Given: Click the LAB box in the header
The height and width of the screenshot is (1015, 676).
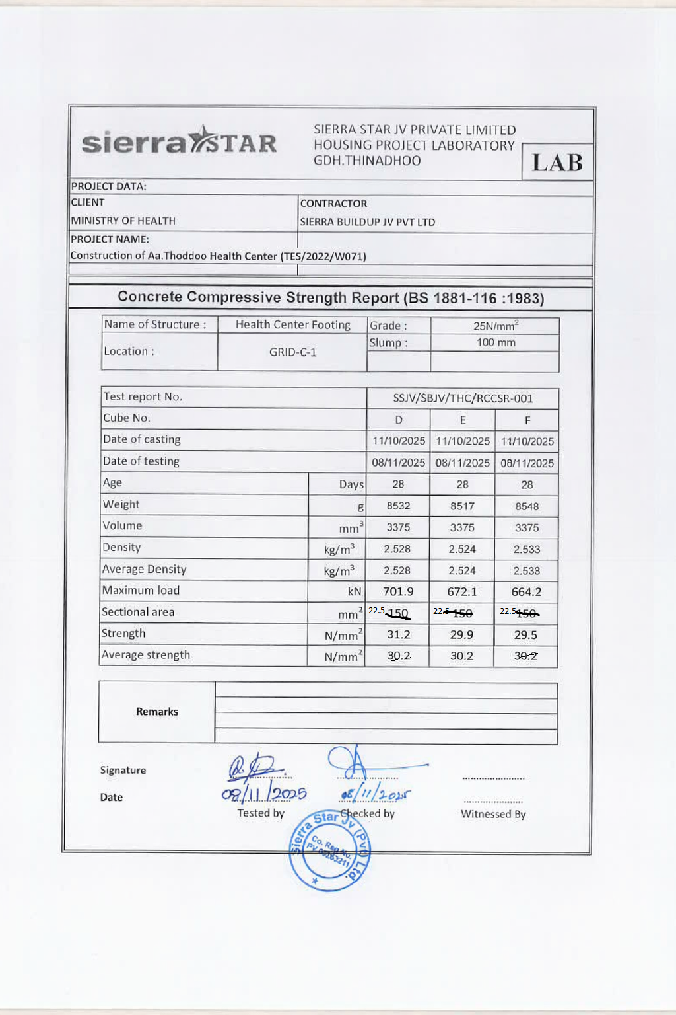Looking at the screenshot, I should tap(557, 162).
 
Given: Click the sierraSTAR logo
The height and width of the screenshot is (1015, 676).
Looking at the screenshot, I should tap(179, 141).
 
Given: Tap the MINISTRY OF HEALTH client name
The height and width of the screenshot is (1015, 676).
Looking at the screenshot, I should tap(123, 221).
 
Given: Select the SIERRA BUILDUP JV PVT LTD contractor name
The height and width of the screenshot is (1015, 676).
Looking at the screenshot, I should tap(368, 222).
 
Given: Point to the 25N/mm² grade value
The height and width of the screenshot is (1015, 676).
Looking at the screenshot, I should tap(496, 326).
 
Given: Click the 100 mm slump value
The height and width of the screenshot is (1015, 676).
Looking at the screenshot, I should tap(496, 342).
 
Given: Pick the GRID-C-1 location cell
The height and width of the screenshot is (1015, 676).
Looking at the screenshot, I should tap(292, 352).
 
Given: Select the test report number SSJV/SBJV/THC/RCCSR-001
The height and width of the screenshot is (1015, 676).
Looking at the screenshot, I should tap(463, 398).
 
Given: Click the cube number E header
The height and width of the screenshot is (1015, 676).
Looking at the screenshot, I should tap(463, 420).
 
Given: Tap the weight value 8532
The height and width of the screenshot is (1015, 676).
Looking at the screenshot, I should tap(398, 506).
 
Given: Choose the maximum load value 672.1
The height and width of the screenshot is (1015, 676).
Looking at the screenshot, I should tap(462, 591).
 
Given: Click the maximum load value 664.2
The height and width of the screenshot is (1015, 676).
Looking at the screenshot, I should tap(526, 591).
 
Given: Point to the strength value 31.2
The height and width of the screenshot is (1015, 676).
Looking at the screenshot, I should tap(398, 634).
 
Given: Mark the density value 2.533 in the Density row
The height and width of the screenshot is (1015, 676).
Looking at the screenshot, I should tap(526, 549).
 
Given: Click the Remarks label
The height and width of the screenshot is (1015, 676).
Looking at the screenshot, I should tap(157, 712).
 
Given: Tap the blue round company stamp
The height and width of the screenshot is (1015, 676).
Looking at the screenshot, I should tap(330, 850).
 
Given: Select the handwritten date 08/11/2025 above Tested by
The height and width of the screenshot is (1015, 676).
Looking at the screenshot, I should tap(264, 794).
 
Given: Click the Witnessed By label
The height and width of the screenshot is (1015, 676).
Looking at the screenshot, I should tap(493, 814).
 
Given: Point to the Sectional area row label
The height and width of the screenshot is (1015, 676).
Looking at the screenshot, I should tap(138, 612).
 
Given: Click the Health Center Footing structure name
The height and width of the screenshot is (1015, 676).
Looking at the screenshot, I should tap(292, 324).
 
